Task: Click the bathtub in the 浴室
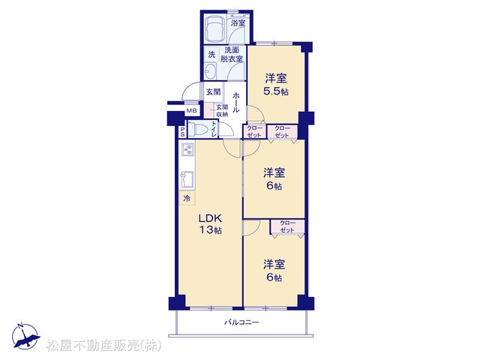[x=214, y=28]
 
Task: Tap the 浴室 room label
[x=238, y=22]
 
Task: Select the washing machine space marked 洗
[x=211, y=55]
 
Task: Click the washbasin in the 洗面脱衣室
[x=210, y=71]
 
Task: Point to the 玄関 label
[x=213, y=91]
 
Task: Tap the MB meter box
[x=192, y=111]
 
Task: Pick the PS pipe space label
[x=182, y=132]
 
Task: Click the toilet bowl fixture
[x=198, y=130]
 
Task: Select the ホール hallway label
[x=235, y=103]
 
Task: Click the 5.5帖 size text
[x=276, y=91]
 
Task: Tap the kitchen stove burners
[x=187, y=150]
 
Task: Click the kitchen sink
[x=187, y=179]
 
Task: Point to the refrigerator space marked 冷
[x=187, y=198]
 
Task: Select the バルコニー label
[x=241, y=322]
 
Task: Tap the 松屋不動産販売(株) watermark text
[x=104, y=345]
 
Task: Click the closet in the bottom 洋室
[x=287, y=226]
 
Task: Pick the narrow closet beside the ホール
[x=254, y=132]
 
